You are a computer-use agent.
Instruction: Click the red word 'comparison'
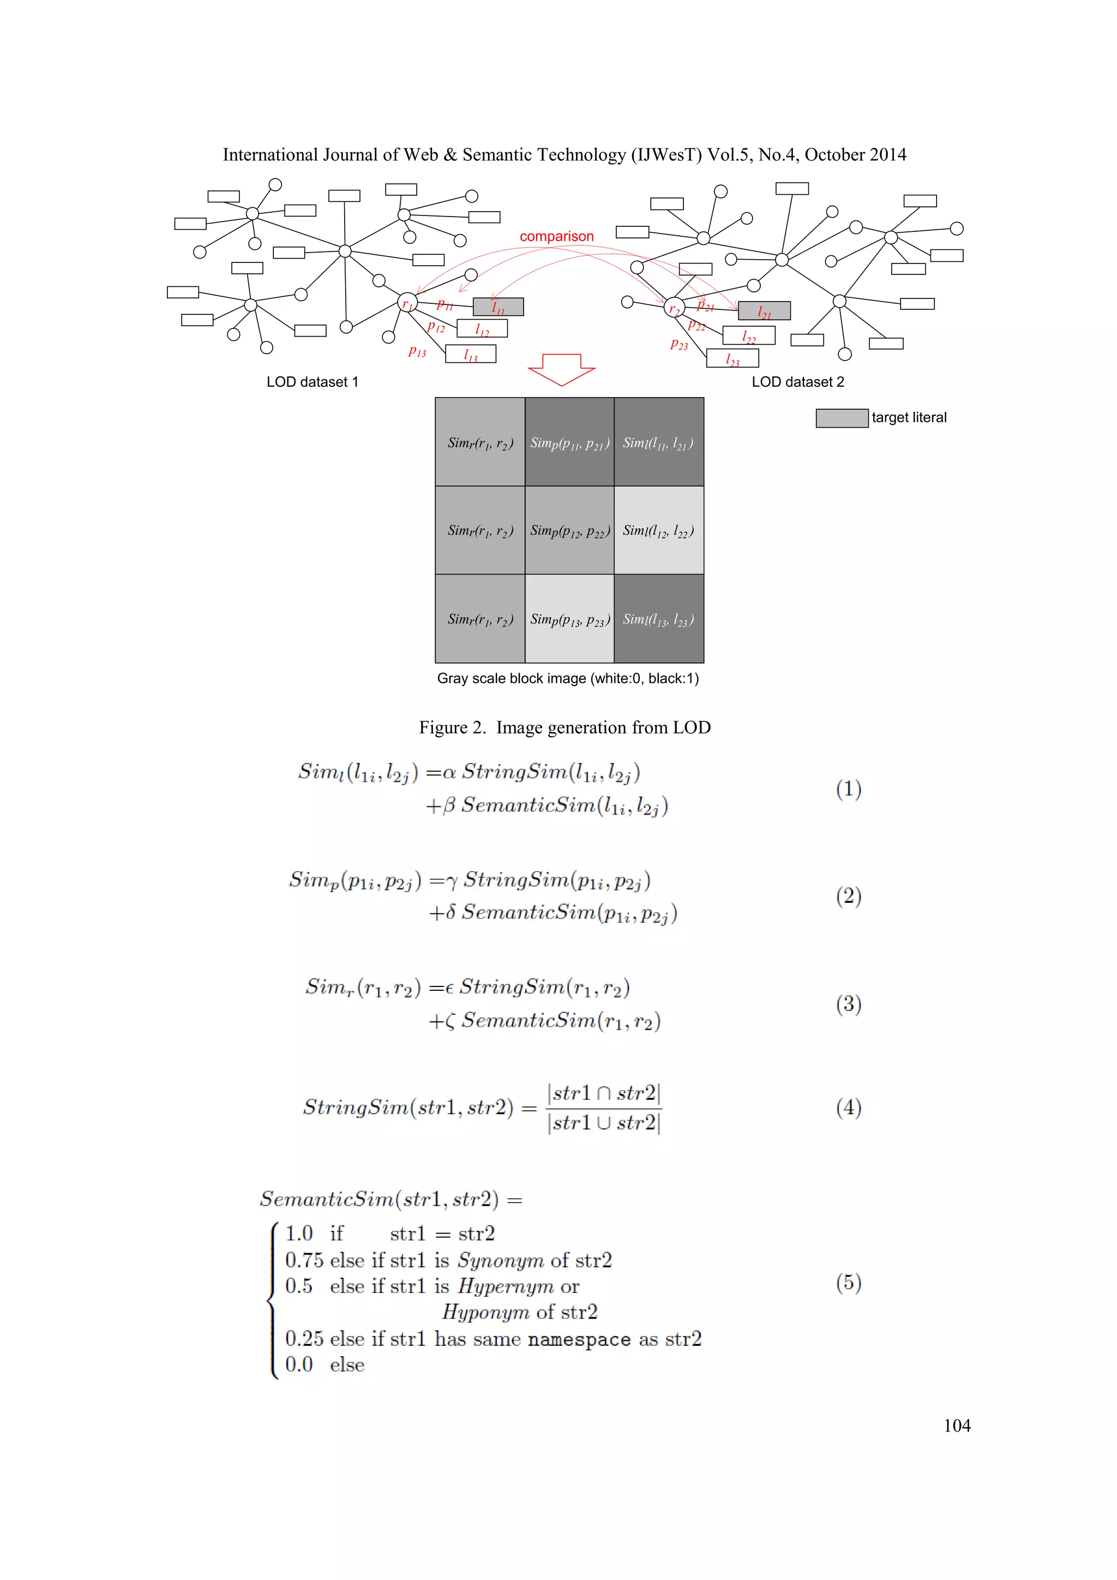[556, 236]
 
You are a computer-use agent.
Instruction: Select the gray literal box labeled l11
[498, 307]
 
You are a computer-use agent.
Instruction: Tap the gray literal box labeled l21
[764, 311]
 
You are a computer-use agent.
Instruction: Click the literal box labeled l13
[471, 354]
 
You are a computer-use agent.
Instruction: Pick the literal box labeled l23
[732, 358]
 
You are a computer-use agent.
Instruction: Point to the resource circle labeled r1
[407, 302]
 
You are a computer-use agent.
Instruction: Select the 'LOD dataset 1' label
[313, 382]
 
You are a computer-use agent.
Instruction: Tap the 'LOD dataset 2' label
[797, 382]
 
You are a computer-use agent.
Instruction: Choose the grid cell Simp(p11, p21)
[569, 442]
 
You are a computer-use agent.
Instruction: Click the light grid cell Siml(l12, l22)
[659, 530]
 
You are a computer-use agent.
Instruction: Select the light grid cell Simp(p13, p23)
[569, 619]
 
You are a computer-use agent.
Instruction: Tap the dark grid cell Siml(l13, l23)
[659, 619]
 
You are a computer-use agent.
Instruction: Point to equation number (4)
[848, 1107]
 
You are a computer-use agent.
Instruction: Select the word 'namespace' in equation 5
[579, 1339]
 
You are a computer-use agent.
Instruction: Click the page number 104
[957, 1425]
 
